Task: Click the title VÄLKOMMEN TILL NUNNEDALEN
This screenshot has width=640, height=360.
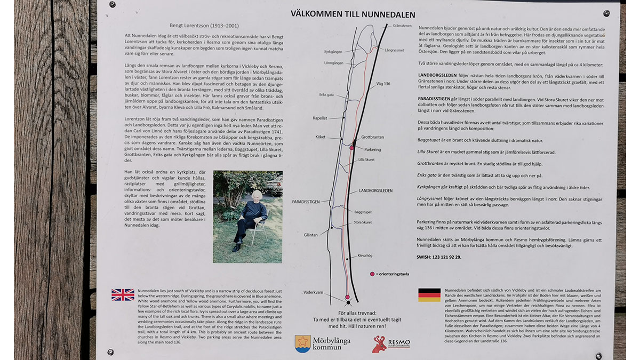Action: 353,14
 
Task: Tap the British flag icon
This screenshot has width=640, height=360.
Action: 123,295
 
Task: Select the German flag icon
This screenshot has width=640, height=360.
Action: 429,295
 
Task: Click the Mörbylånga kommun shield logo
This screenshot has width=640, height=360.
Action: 303,343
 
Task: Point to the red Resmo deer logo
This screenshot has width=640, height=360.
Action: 380,344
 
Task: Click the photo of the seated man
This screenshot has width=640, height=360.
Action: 247,217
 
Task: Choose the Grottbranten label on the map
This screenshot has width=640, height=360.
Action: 372,137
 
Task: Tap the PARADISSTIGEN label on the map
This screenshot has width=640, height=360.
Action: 306,202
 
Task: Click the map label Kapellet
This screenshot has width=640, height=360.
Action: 319,118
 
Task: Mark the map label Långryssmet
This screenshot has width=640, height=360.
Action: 393,50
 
